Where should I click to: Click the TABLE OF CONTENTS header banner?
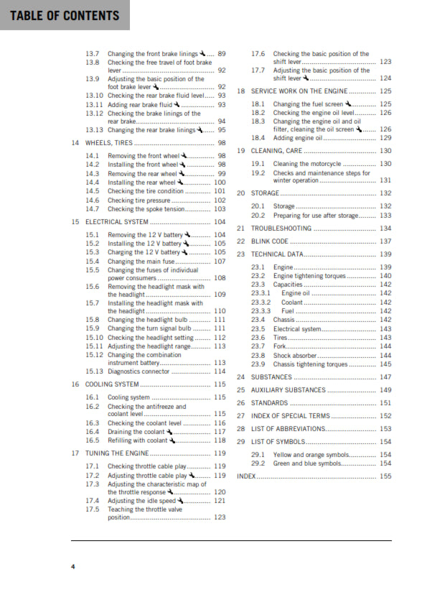(64, 15)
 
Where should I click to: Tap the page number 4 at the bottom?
(72, 566)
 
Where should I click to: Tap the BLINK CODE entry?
(270, 241)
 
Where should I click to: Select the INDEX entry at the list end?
(246, 476)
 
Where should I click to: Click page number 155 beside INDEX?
(385, 476)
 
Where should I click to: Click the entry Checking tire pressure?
(140, 200)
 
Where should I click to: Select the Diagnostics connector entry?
(139, 371)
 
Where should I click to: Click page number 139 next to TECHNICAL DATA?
(385, 254)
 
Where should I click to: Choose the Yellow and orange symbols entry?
(309, 455)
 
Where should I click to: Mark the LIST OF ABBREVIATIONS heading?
(287, 429)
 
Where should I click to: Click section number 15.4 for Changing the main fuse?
(92, 262)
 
